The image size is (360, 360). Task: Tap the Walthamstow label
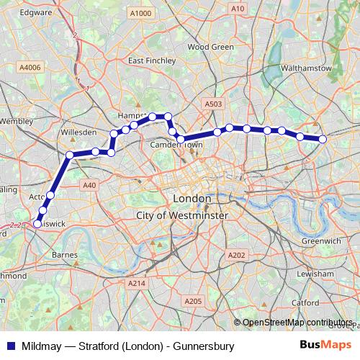[307, 68]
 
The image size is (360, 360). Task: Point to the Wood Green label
[210, 47]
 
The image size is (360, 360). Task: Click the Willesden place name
[79, 133]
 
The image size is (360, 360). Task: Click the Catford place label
[305, 302]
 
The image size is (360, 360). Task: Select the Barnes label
[66, 255]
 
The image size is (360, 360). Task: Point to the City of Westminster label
[181, 215]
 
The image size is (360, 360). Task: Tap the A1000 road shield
[141, 14]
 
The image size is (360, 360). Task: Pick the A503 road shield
[213, 104]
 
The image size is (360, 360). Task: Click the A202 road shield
[236, 256]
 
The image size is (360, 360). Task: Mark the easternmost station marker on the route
[323, 139]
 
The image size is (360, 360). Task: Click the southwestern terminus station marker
[37, 225]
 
